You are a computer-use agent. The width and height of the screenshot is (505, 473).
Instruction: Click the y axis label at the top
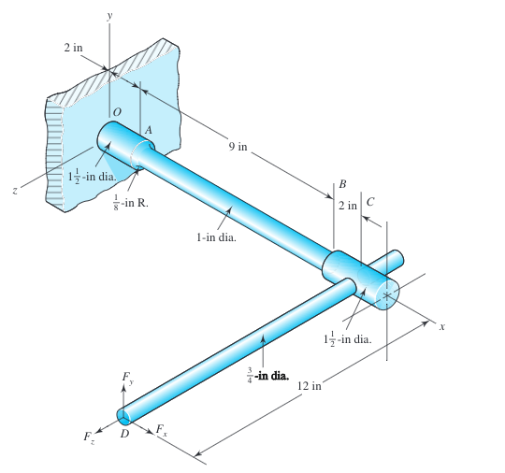click(109, 16)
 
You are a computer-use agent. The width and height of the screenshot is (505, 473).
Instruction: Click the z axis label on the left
click(14, 191)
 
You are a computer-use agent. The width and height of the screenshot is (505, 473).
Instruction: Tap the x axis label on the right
click(442, 327)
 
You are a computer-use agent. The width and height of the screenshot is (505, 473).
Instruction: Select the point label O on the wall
click(117, 112)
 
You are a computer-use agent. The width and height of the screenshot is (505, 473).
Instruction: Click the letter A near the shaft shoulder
click(148, 130)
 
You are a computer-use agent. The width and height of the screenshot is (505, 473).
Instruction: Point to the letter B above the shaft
click(342, 184)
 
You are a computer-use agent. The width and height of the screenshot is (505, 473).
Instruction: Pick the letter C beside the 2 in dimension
click(370, 202)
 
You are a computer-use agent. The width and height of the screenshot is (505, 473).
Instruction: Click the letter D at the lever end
click(124, 434)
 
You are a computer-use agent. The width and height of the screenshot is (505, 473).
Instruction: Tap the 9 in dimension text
click(238, 147)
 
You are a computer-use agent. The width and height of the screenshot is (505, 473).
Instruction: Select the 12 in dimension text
click(310, 385)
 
